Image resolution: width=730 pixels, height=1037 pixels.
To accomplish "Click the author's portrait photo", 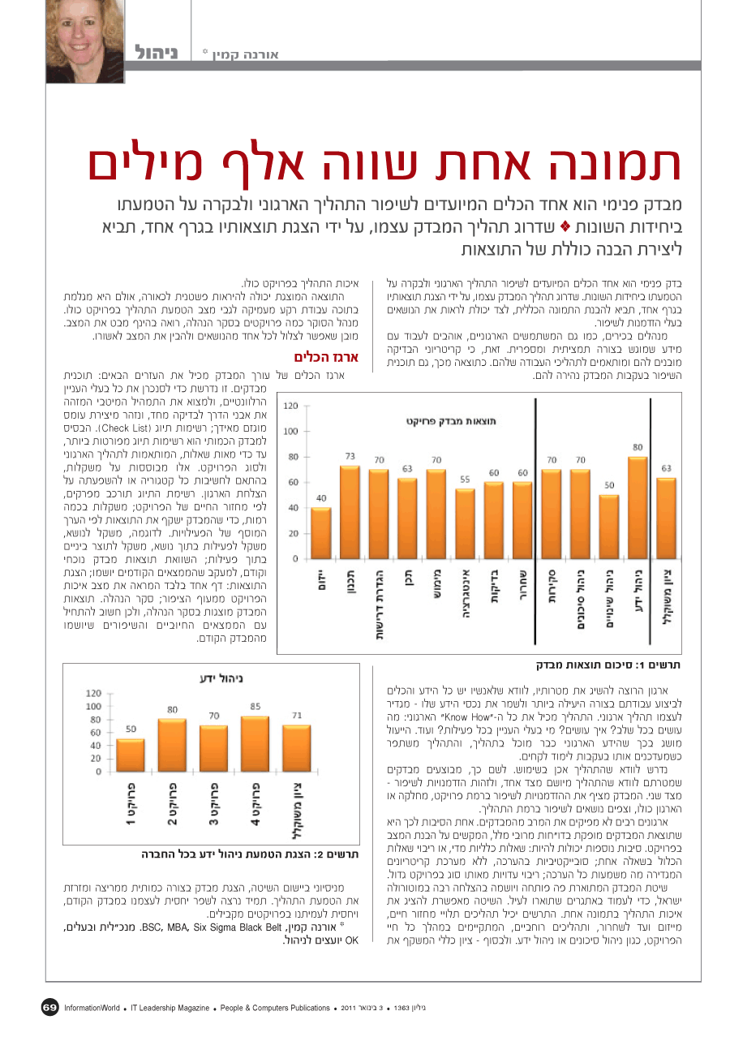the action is [85, 41].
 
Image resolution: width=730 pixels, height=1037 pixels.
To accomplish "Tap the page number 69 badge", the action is [50, 1007].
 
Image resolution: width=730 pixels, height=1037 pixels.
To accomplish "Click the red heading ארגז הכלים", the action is [326, 357].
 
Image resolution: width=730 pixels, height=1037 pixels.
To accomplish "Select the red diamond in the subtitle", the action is [565, 226].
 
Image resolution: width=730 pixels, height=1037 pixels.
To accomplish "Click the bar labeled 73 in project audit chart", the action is [350, 512].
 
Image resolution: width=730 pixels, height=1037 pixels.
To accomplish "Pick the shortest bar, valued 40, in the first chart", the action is [320, 533].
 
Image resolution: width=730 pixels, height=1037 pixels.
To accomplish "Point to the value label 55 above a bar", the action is [465, 480].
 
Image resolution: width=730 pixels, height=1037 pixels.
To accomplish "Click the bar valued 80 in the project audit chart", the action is [638, 507].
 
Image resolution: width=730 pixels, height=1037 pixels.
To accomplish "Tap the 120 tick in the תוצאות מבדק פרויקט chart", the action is [290, 406].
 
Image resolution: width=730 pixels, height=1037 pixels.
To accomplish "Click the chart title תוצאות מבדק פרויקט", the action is [451, 421].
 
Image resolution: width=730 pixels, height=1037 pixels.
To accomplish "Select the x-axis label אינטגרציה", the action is [466, 593].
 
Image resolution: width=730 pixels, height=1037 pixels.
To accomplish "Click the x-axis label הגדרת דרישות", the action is [379, 604].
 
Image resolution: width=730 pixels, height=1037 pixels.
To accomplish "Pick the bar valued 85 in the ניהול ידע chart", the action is [255, 743].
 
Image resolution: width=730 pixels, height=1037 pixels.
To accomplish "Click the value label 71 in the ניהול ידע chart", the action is [297, 715].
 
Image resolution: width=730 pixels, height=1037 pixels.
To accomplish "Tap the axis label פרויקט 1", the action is [131, 804].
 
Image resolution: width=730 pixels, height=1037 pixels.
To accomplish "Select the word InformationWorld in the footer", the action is [92, 1008].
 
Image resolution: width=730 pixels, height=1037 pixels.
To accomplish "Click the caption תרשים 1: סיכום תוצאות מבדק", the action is [608, 665].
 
